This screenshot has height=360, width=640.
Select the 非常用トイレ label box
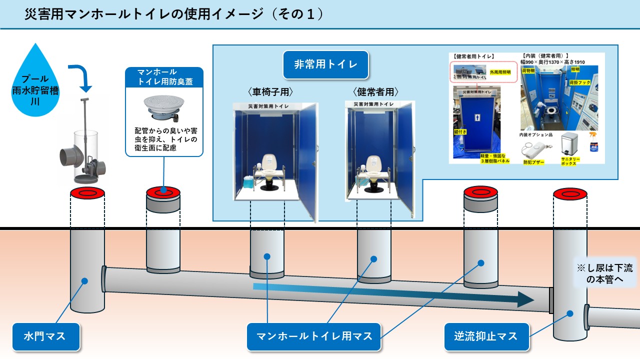pos(325,64)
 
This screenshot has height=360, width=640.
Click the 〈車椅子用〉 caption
pos(269,92)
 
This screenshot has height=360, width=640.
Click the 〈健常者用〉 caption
pos(376,92)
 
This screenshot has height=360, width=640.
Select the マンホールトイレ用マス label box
pos(314,336)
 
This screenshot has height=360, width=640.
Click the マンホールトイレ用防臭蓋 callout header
pos(164,77)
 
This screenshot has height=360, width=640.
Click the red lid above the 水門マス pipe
pos(87,192)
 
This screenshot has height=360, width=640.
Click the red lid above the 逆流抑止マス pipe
pos(570,193)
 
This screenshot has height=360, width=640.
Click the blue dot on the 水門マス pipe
pos(84,281)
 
